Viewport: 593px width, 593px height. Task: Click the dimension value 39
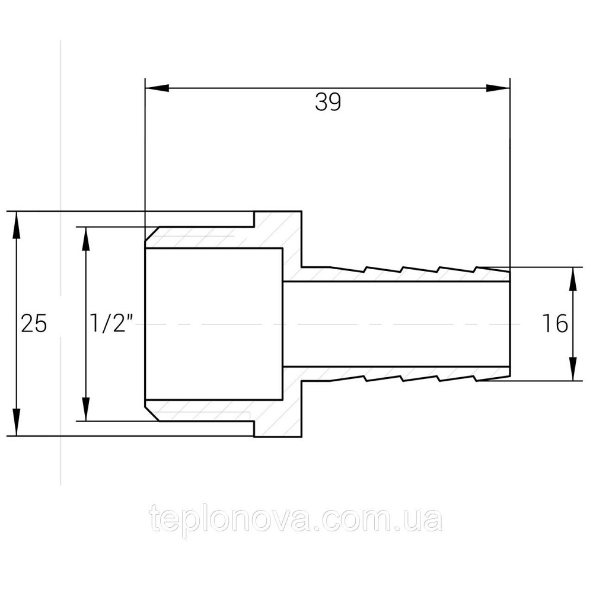[328, 103]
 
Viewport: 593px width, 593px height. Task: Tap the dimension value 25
[33, 324]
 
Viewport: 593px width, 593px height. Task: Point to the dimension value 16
[554, 324]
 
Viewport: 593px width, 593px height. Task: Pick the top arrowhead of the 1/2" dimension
[87, 237]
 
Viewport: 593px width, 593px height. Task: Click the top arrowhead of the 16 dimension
[573, 278]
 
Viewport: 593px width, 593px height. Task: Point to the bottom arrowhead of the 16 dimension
[573, 370]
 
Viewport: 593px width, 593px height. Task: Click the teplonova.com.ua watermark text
[296, 520]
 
